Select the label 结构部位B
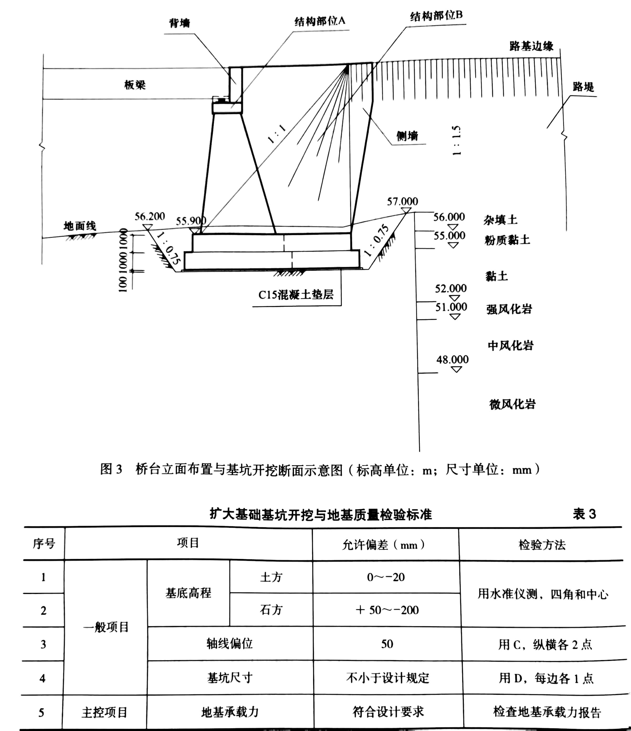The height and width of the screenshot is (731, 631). pyautogui.click(x=436, y=16)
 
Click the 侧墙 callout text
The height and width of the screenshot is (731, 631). pyautogui.click(x=407, y=136)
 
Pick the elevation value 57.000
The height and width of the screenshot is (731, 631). pyautogui.click(x=402, y=201)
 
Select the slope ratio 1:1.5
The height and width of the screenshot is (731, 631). pyautogui.click(x=456, y=140)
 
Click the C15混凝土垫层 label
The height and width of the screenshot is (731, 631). pyautogui.click(x=296, y=295)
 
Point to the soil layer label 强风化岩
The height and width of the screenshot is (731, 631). pyautogui.click(x=509, y=309)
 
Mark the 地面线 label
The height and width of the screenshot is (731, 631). pyautogui.click(x=80, y=226)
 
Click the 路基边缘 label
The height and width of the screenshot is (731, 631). pyautogui.click(x=532, y=46)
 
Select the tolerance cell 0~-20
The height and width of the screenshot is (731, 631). pyautogui.click(x=386, y=578)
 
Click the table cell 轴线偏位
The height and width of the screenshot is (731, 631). pyautogui.click(x=230, y=644)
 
